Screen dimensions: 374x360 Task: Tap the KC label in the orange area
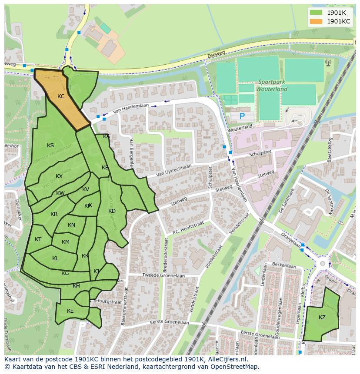[61, 96]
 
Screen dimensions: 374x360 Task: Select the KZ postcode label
[322, 318]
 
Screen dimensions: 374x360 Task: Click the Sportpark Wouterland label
[273, 85]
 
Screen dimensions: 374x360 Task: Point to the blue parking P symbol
[242, 116]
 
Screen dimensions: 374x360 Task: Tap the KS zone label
[50, 146]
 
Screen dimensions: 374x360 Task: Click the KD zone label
[112, 211]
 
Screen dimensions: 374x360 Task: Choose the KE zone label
[70, 311]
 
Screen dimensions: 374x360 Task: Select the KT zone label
[38, 239]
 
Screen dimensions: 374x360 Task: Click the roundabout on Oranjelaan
[323, 264]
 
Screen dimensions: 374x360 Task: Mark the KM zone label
[66, 242]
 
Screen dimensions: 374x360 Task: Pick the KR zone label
[54, 214]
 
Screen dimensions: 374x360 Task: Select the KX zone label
[59, 176]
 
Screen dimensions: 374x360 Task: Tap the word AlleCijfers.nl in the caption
[226, 360]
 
